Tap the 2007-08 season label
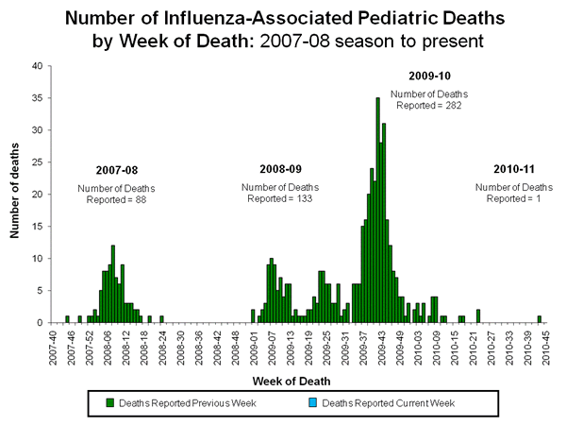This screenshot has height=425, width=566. (x=116, y=170)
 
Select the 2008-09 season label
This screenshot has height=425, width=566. (x=280, y=168)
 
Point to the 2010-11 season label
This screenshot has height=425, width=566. (x=514, y=168)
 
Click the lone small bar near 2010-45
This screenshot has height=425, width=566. (x=540, y=319)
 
